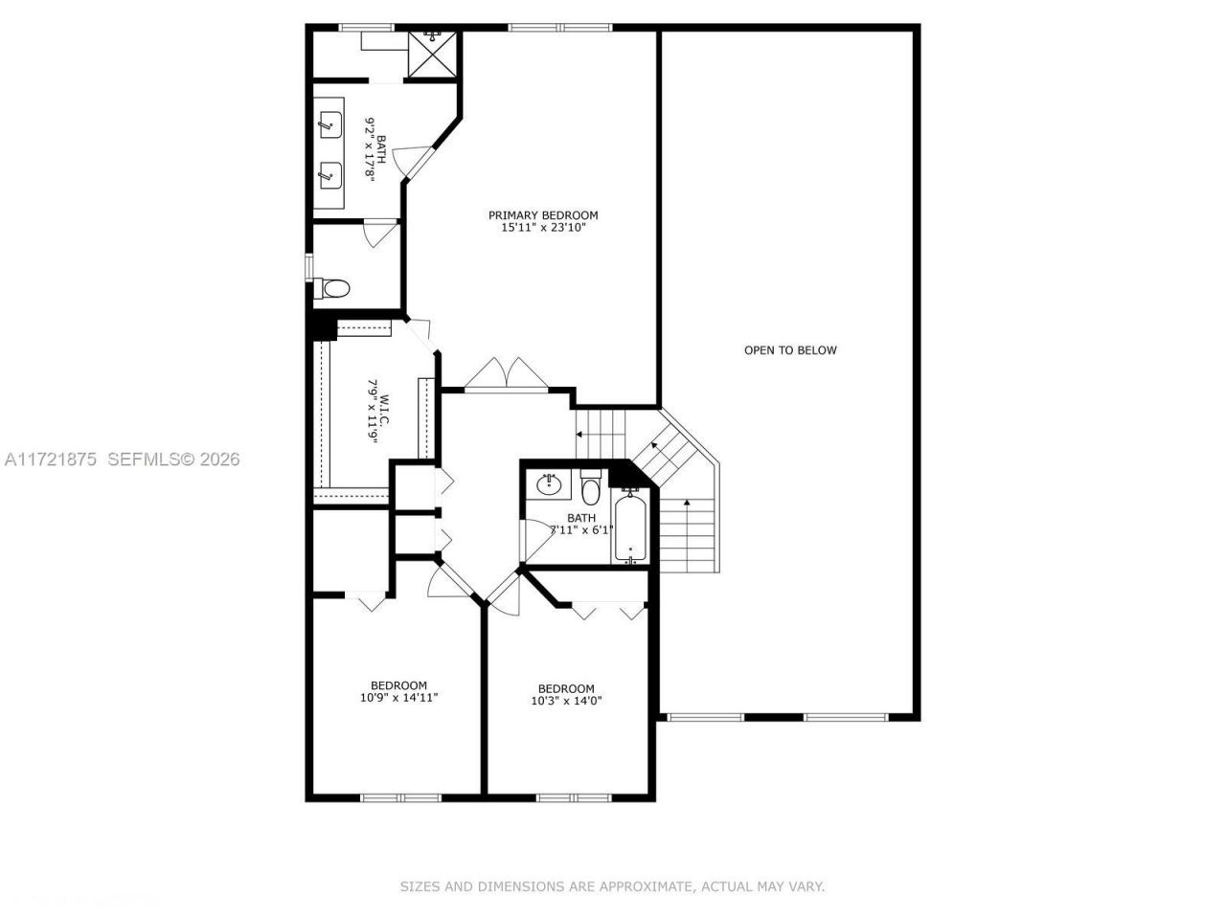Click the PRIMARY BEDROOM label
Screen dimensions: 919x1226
pos(543,215)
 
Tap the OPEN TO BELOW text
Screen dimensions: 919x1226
pos(790,350)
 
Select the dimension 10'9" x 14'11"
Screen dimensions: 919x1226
pos(398,698)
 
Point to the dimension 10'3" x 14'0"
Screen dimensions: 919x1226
pos(566,701)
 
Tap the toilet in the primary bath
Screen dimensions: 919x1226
pos(334,287)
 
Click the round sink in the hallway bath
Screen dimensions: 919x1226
pos(549,484)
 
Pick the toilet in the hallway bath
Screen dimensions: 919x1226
pos(590,489)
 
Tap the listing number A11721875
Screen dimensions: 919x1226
pos(52,459)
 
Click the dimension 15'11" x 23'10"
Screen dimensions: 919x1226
pos(543,229)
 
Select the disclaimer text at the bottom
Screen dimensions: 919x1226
pos(612,887)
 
